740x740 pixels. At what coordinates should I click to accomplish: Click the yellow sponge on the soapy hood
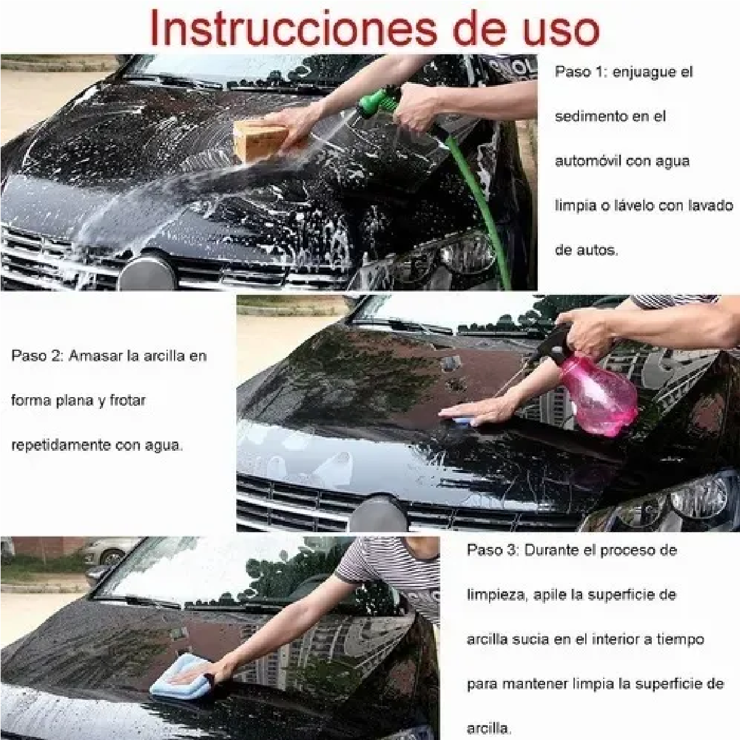[268, 141]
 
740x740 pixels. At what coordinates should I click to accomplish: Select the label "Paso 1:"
[582, 72]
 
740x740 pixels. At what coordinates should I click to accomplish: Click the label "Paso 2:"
[38, 356]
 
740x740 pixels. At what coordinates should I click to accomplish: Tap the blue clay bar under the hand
[466, 421]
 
